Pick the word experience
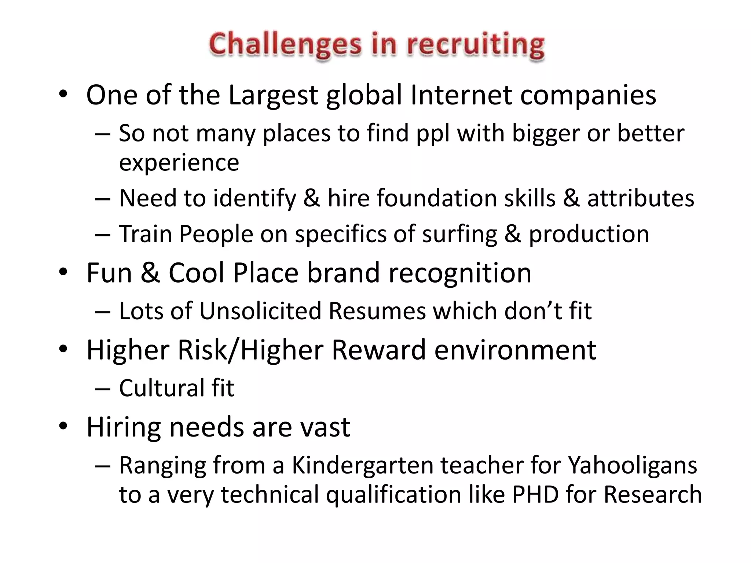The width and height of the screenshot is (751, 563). point(179,162)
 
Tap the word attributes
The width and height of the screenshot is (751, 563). point(641,198)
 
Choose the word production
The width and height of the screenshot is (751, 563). point(589,234)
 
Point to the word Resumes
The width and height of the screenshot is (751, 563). point(377,311)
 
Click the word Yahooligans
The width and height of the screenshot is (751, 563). point(632,466)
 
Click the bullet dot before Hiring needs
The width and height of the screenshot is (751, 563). point(63,426)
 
